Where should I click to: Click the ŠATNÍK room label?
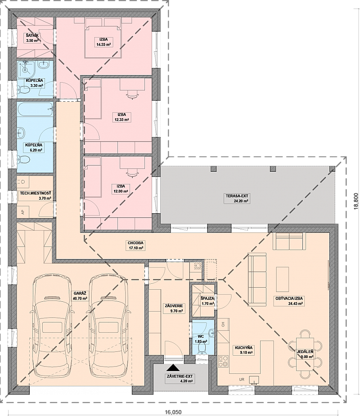pos(32,36)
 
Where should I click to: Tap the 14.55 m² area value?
pos(103,45)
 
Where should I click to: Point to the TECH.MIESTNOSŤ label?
pos(35,193)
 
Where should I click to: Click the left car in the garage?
pos(52,325)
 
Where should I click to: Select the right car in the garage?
pos(108,325)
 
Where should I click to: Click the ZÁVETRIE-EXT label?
pos(180,376)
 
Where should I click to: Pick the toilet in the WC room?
pos(203,349)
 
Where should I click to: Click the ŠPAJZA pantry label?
pos(207,299)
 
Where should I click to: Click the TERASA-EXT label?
pos(237,196)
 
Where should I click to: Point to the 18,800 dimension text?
pos(356,201)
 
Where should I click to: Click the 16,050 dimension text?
pos(173,412)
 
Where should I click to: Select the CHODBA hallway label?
pos(135,243)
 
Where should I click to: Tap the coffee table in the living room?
pos(283,279)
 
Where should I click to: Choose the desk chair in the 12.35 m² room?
pos(132,94)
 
